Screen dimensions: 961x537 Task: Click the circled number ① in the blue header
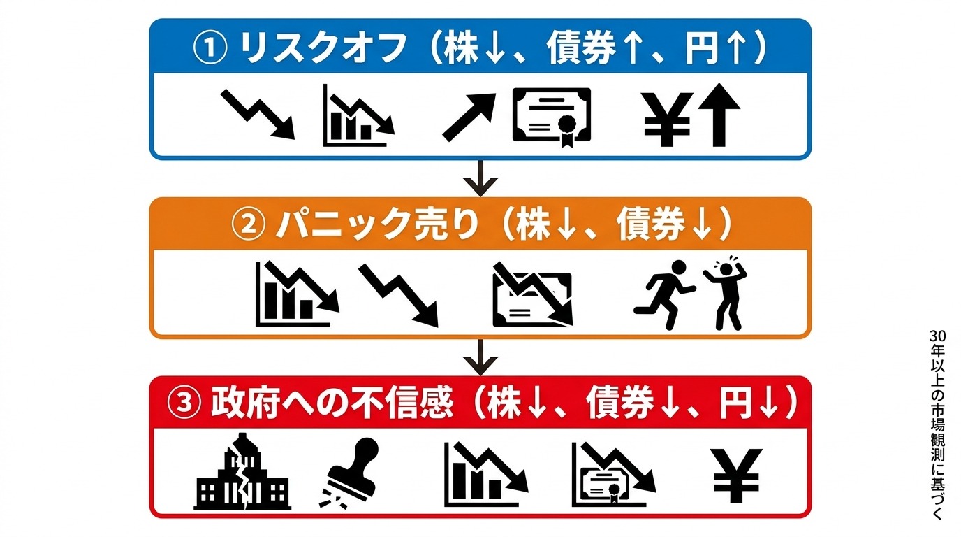click(210, 48)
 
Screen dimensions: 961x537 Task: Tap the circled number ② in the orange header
click(249, 224)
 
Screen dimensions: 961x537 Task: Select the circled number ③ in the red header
click(184, 403)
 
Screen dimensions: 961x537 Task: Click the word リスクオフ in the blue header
click(323, 48)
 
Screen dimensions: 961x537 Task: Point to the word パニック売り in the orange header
click(377, 224)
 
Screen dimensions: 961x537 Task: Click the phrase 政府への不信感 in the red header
click(332, 403)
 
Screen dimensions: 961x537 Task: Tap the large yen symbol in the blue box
click(668, 120)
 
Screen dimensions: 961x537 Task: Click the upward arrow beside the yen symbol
click(719, 115)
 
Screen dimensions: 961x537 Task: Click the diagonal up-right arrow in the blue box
click(469, 117)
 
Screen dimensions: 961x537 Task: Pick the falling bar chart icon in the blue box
click(358, 115)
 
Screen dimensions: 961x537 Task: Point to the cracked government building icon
click(242, 472)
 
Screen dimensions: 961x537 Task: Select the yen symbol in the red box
click(736, 475)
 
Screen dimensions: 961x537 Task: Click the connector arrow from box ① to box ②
click(480, 178)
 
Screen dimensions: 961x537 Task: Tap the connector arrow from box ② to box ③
click(480, 357)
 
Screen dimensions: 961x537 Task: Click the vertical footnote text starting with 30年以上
click(938, 424)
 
